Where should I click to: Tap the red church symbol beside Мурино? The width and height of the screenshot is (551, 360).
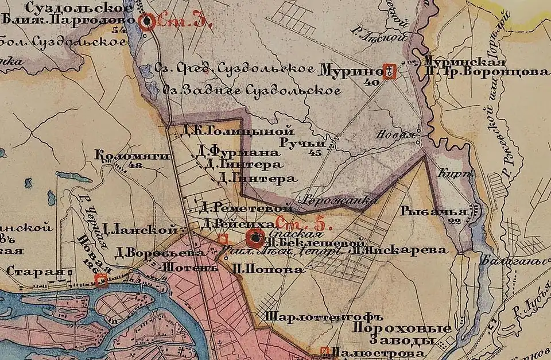(x=390, y=72)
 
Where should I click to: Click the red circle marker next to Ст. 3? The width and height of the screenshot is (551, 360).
(x=148, y=22)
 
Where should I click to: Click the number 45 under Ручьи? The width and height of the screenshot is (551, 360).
(x=315, y=153)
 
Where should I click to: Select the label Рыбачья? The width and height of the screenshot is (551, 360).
(x=436, y=211)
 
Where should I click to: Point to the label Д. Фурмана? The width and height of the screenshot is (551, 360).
(x=237, y=153)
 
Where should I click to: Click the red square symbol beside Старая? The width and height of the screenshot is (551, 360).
(x=102, y=281)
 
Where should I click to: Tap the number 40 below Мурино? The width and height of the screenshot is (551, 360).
(x=372, y=83)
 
